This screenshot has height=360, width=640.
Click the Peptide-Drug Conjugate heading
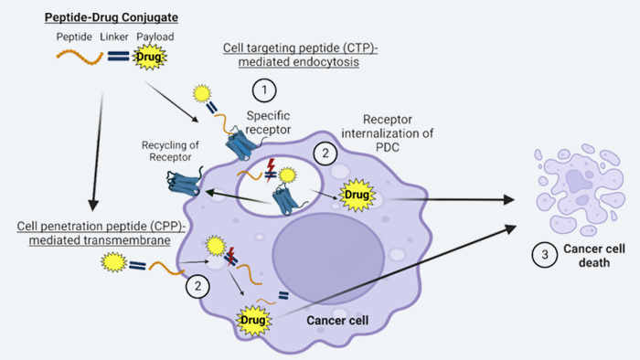point(111,17)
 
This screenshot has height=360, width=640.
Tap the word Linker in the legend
point(114,37)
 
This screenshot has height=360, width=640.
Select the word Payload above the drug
point(155,37)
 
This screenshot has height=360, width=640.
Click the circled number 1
point(264,90)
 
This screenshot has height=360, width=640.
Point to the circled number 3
point(545,255)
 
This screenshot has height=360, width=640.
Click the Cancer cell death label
point(594,256)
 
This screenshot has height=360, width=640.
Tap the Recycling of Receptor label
point(170,152)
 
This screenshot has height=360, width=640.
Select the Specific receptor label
point(268,122)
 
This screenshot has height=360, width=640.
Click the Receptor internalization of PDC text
point(388,133)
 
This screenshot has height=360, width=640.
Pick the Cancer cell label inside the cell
point(337,321)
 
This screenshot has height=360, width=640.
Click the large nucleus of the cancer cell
point(328,259)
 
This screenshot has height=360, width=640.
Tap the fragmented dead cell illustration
point(580,189)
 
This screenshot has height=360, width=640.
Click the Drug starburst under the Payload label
point(149,57)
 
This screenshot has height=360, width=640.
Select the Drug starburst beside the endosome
point(357,195)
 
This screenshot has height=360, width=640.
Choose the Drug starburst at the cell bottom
point(253,320)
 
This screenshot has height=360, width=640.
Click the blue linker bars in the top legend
point(118,56)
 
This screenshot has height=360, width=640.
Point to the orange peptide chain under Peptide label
point(80,57)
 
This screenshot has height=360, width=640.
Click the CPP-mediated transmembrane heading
point(101,233)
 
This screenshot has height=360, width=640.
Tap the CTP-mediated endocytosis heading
point(300,55)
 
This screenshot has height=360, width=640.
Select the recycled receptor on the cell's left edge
point(184,182)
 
